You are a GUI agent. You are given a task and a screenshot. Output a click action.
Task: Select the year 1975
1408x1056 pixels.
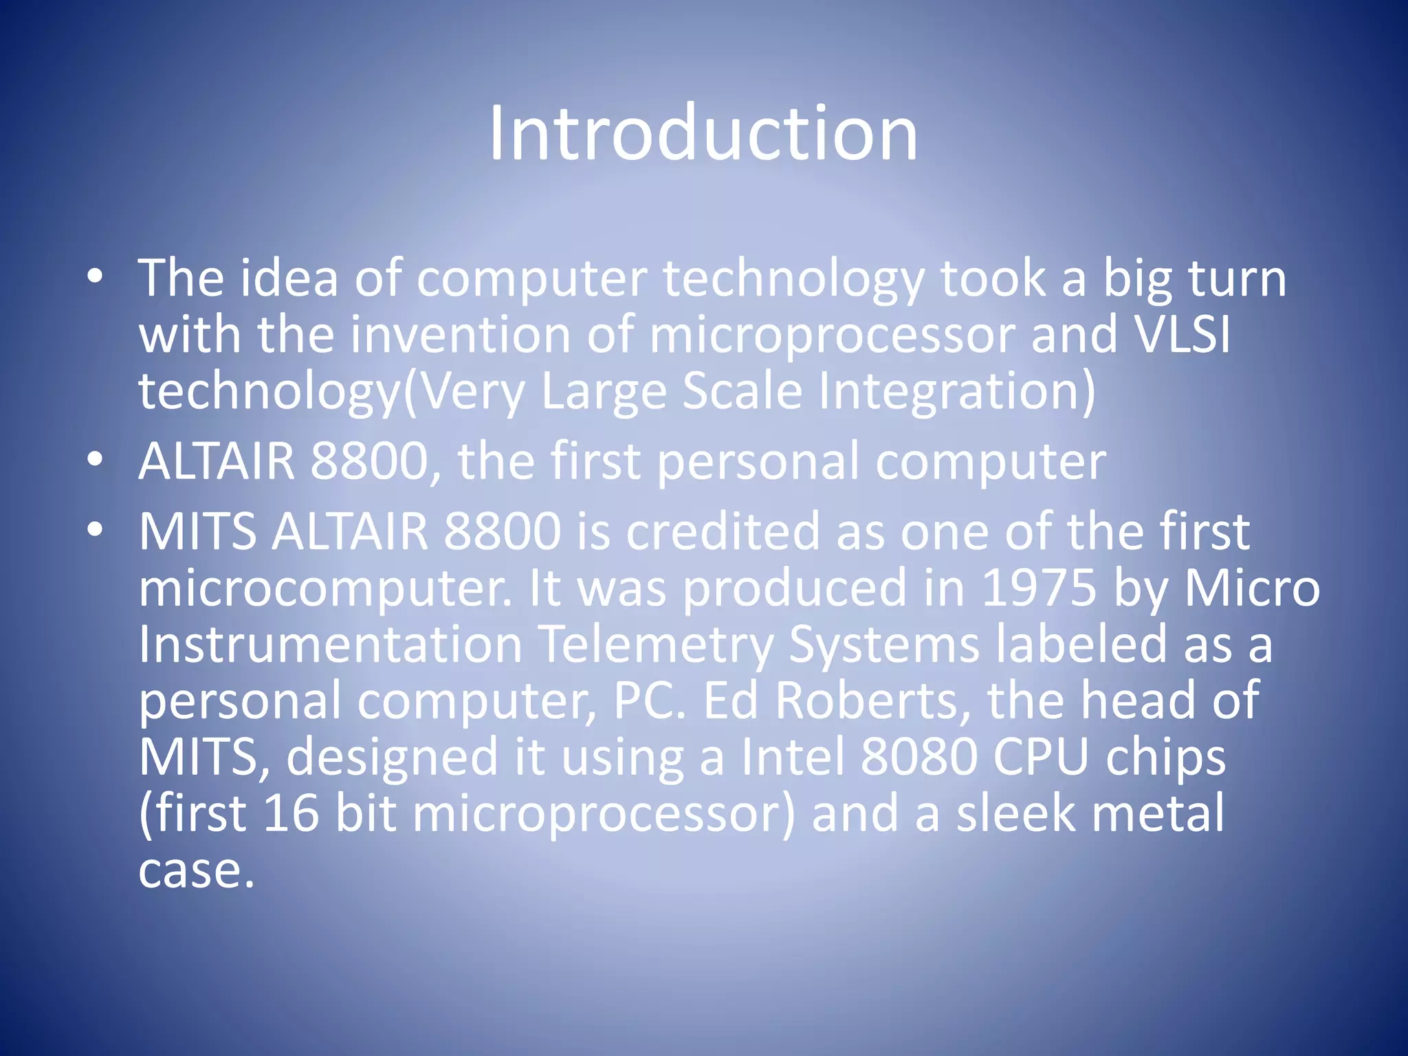(x=1038, y=588)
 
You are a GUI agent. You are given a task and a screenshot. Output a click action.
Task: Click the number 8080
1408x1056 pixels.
(x=918, y=757)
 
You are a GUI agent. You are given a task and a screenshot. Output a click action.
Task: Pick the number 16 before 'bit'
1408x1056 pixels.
(x=291, y=813)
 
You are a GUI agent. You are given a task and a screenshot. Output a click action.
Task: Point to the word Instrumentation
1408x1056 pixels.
(x=331, y=644)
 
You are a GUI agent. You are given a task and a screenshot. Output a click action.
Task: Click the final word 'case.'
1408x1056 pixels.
(x=197, y=870)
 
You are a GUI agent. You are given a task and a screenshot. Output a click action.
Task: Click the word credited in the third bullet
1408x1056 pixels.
(x=723, y=531)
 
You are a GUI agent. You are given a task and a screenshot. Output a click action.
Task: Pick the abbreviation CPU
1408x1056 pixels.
(x=1041, y=757)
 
